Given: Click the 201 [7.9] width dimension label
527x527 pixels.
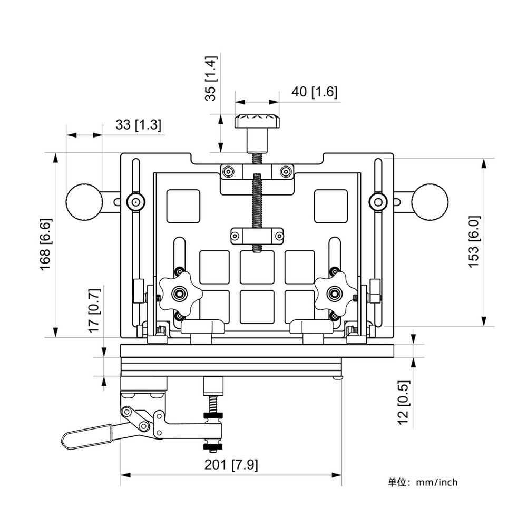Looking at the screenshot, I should (x=231, y=465).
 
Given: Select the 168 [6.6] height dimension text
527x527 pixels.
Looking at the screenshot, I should (x=46, y=245).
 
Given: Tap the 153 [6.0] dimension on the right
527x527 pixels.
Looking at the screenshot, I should (x=474, y=241).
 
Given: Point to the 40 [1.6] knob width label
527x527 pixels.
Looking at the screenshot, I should (x=314, y=92).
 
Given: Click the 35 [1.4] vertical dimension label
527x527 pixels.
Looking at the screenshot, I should (x=210, y=79).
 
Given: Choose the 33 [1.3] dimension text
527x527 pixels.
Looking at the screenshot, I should (x=138, y=125).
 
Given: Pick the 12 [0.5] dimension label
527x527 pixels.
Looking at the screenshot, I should (x=404, y=402).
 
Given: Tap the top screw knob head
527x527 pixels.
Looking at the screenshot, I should (x=257, y=122).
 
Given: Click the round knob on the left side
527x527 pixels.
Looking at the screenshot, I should (x=84, y=202).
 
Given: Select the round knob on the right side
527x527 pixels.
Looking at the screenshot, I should (x=430, y=202).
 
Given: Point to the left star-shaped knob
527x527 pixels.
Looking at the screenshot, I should (x=180, y=293).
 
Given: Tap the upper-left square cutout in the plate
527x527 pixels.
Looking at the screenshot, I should (x=183, y=206).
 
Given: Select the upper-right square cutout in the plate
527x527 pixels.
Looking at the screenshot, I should (x=331, y=206).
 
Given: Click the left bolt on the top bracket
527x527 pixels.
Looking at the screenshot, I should (x=228, y=172).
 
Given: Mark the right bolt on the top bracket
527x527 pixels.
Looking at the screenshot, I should (x=286, y=172).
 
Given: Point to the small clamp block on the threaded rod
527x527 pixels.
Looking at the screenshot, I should (x=257, y=235).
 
